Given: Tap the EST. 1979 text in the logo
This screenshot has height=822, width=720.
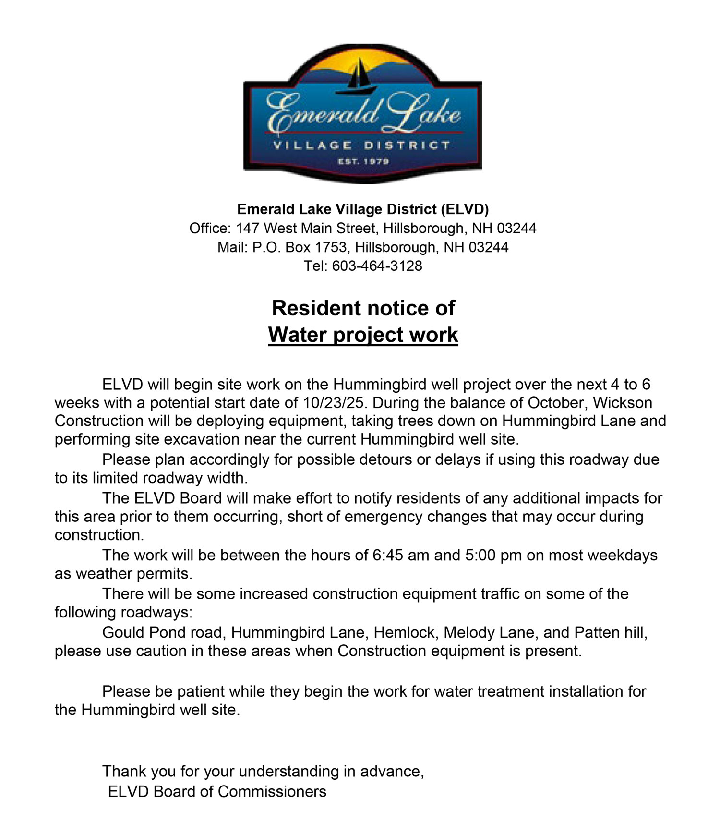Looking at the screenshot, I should pos(363,161).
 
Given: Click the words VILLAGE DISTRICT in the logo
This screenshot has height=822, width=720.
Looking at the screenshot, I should pos(362,145).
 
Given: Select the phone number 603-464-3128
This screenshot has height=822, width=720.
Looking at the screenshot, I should pos(377,266).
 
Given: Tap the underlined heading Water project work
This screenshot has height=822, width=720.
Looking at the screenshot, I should pos(363,335).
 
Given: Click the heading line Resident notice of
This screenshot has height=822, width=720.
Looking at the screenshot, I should pos(363,308).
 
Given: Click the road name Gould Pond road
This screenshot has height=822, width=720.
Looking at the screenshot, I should pos(163,632).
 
